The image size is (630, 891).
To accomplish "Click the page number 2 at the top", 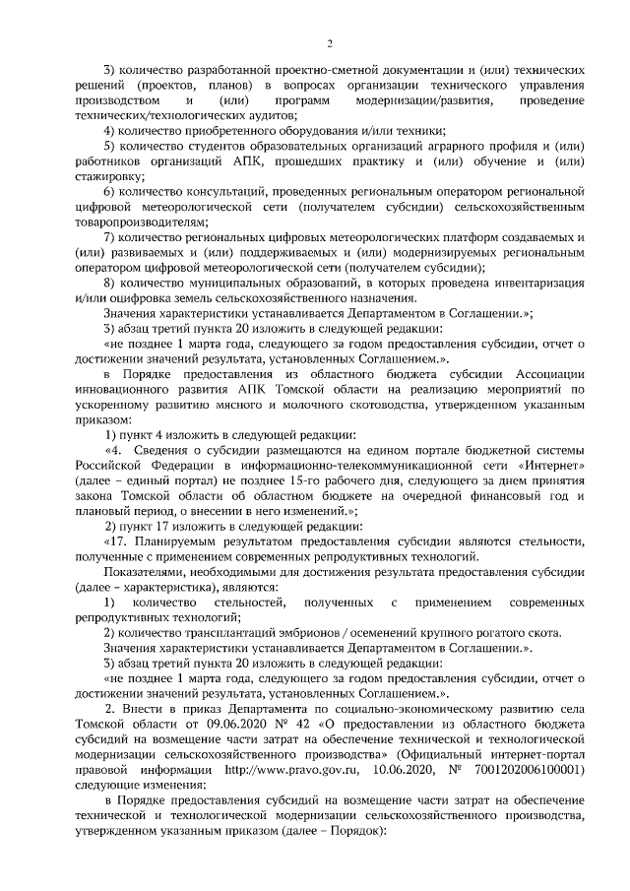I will pyautogui.click(x=332, y=43).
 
